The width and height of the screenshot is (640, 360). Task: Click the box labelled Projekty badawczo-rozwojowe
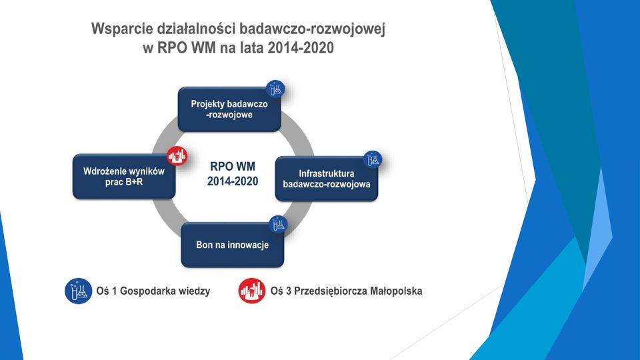(x=229, y=109)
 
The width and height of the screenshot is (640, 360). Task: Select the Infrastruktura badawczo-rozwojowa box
(x=327, y=179)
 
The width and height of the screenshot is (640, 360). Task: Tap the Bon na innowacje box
(x=232, y=245)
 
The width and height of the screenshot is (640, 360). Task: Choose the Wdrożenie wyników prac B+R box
(x=124, y=177)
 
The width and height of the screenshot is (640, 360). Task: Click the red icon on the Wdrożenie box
(x=177, y=155)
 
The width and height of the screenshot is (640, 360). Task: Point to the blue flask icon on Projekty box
(x=276, y=89)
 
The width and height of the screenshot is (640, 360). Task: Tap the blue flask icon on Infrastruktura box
(x=373, y=159)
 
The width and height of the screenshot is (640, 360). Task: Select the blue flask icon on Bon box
(x=279, y=225)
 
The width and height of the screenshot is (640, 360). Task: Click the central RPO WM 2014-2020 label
(x=233, y=173)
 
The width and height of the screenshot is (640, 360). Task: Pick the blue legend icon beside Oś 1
(x=79, y=291)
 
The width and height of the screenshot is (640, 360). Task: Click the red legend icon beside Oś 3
(x=252, y=291)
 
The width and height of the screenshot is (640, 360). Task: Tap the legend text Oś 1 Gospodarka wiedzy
(x=153, y=291)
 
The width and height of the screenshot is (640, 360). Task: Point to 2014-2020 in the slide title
(x=301, y=48)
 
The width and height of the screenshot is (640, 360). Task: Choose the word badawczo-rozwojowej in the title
(x=312, y=29)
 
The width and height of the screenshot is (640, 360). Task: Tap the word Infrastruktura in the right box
(x=327, y=173)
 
